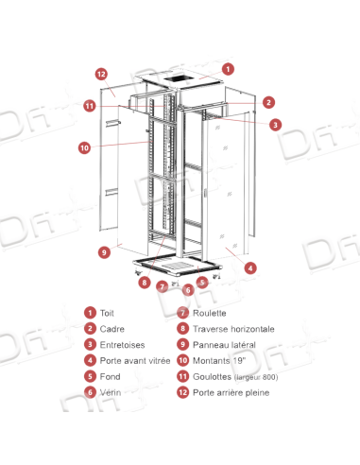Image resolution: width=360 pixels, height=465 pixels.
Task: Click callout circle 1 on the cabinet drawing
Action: coord(228,69)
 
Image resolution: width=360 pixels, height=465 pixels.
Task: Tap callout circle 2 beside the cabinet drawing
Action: coord(267,101)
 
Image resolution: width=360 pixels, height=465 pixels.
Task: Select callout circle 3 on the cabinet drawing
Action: coord(274,124)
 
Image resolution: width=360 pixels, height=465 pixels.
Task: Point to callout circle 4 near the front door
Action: coord(249,267)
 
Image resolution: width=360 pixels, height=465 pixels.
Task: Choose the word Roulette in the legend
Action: coord(210,312)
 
